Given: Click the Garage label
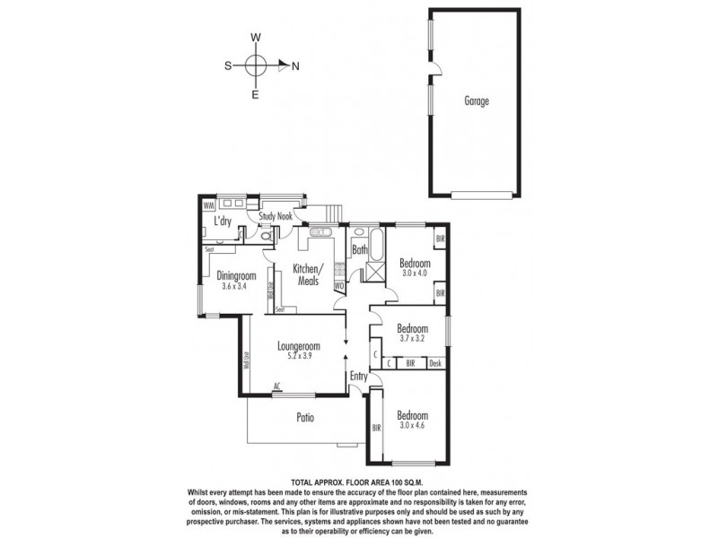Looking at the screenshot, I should tap(477, 101).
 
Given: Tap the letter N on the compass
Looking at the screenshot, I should tap(295, 65).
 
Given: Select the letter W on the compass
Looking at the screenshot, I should tap(256, 38).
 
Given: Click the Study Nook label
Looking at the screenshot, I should tap(276, 216).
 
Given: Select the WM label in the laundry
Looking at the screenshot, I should tap(209, 205).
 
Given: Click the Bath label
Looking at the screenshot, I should tap(360, 251).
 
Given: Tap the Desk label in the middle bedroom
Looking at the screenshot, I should tap(435, 363).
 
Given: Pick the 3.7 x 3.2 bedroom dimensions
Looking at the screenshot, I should tap(412, 339).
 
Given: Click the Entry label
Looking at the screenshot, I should tap(359, 377).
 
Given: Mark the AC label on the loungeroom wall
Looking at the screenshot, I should tap(278, 388).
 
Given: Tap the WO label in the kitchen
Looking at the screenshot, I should tap(339, 287).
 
